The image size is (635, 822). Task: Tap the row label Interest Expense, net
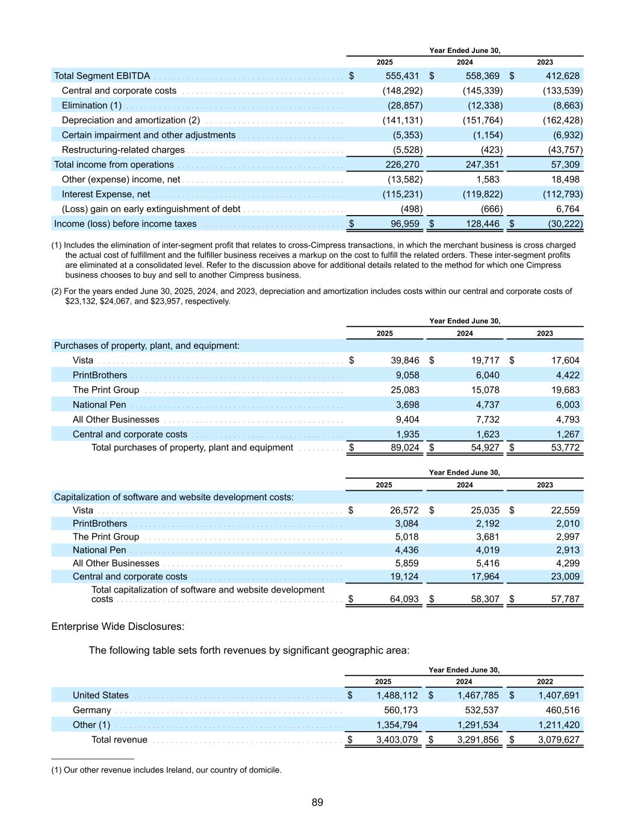coord(106,194)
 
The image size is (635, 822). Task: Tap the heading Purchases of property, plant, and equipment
coord(147,346)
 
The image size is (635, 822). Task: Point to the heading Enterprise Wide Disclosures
coord(118,626)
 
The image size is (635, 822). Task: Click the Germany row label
coord(91,710)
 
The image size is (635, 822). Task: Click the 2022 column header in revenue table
coord(545,682)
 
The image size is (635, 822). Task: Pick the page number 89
coord(317,802)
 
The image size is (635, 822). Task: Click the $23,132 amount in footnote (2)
coord(78,301)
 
